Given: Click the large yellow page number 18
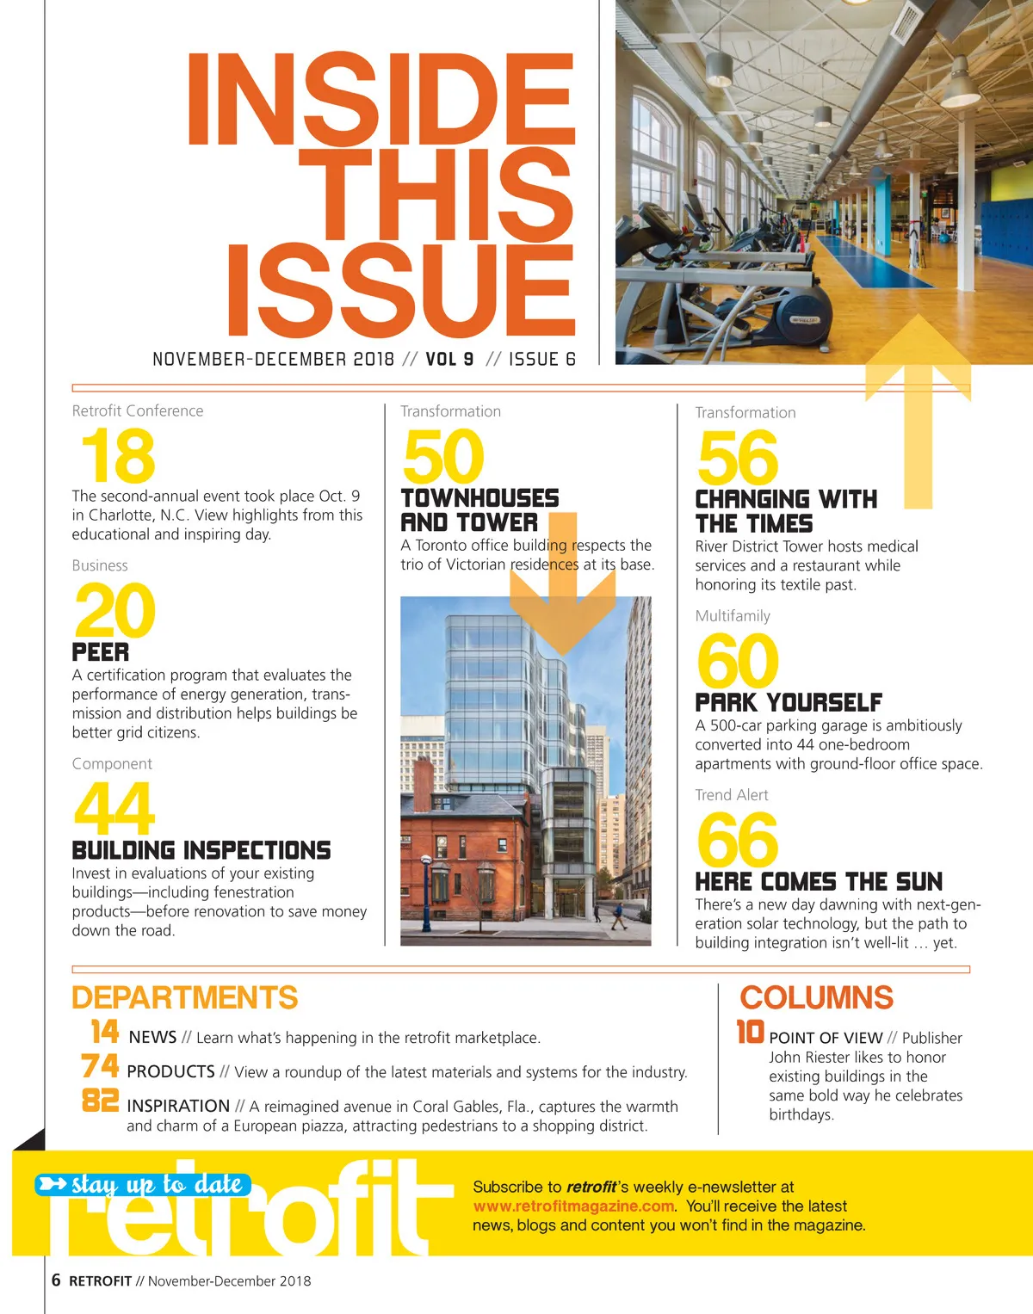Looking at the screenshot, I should (x=118, y=456).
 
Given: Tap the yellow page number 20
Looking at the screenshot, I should (x=114, y=611).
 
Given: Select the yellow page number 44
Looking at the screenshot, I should (x=114, y=808).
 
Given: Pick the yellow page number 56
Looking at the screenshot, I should (x=738, y=459).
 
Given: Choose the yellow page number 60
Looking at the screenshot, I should (x=738, y=661).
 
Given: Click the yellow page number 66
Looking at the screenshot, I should (x=738, y=840).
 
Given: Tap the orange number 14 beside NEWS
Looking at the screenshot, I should (x=105, y=1031).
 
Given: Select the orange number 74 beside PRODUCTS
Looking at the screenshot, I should (x=101, y=1066).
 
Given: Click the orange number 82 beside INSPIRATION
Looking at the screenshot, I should (x=101, y=1100).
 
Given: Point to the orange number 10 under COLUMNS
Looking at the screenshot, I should (x=751, y=1031).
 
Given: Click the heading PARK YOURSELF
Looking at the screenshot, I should (x=789, y=702).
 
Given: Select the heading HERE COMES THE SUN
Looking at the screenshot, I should (x=819, y=882).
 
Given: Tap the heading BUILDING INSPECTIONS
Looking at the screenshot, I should (x=201, y=850).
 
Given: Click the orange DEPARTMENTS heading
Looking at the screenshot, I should (x=185, y=997).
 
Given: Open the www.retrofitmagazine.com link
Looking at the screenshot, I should (x=573, y=1206).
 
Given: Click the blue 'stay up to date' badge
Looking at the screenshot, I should (x=143, y=1185).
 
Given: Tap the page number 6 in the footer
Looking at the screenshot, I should (x=56, y=1280).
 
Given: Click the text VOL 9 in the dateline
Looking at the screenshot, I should (x=449, y=359).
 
